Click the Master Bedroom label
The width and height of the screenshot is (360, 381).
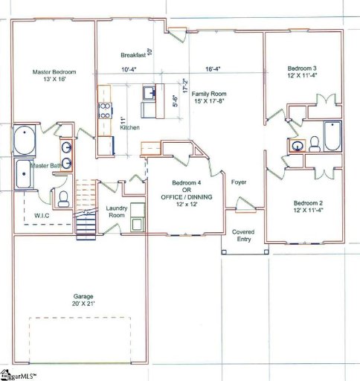coord(54,72)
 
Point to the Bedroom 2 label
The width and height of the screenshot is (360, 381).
coord(307,203)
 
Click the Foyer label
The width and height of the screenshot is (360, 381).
coord(239,182)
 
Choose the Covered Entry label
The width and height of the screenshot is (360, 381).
coord(243,235)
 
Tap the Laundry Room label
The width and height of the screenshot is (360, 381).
coord(118,212)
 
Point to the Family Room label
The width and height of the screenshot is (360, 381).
coord(208,95)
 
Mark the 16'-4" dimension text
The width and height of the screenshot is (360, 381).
coord(214,70)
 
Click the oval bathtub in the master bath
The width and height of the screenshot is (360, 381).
coord(23,141)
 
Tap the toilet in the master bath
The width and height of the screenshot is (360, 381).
coord(64,198)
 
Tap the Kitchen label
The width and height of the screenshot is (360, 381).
coord(129,128)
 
